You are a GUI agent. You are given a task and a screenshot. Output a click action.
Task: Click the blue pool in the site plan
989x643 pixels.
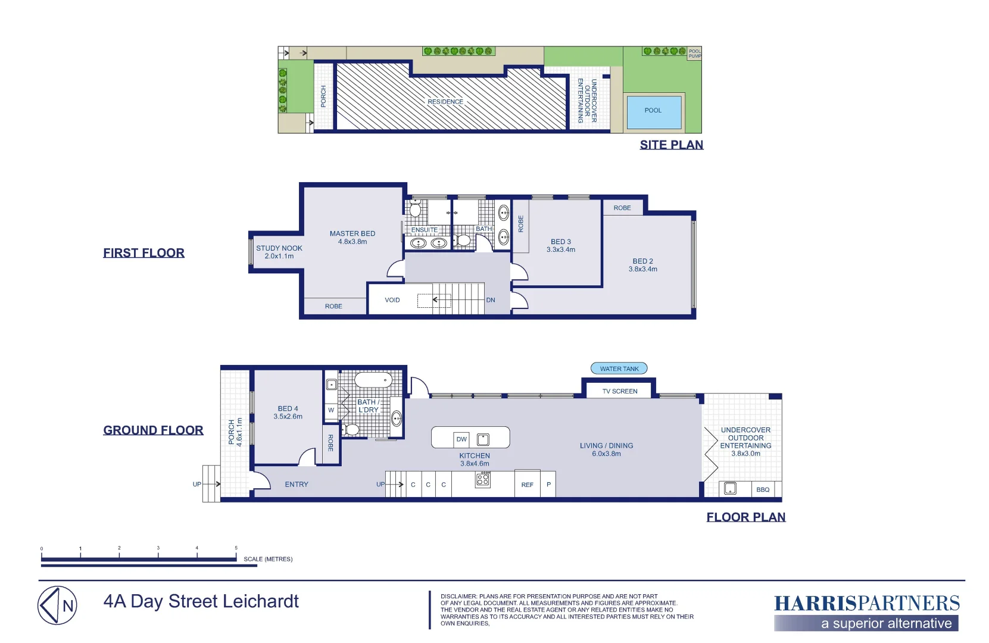pyautogui.click(x=654, y=112)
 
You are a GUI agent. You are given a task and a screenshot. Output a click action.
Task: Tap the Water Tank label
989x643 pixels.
pyautogui.click(x=619, y=369)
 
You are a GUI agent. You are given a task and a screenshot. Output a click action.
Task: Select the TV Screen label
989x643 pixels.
pyautogui.click(x=619, y=391)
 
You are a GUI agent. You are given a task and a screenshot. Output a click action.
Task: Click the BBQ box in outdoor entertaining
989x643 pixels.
pyautogui.click(x=763, y=489)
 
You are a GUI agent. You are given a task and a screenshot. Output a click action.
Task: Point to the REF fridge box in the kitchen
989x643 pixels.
pyautogui.click(x=527, y=483)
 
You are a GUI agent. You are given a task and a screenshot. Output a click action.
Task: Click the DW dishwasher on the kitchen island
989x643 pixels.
pyautogui.click(x=461, y=439)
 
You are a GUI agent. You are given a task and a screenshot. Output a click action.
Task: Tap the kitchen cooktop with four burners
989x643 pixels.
pyautogui.click(x=482, y=479)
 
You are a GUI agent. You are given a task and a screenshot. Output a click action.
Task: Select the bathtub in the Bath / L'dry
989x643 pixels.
pyautogui.click(x=373, y=380)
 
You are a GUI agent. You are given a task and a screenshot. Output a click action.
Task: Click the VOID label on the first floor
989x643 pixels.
pyautogui.click(x=392, y=300)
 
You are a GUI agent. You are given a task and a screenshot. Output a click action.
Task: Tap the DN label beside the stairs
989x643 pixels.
pyautogui.click(x=491, y=300)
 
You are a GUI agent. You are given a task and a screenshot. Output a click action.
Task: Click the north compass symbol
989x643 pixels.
pyautogui.click(x=57, y=605)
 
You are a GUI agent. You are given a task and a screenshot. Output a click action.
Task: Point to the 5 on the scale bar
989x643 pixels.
pyautogui.click(x=236, y=548)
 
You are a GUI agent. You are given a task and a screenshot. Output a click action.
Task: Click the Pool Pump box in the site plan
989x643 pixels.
pyautogui.click(x=694, y=54)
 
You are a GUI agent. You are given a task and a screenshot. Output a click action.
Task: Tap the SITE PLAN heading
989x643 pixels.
pyautogui.click(x=672, y=145)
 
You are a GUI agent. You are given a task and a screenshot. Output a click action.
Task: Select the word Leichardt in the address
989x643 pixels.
pyautogui.click(x=260, y=601)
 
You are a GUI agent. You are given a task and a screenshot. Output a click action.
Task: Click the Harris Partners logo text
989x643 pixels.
pyautogui.click(x=867, y=603)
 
